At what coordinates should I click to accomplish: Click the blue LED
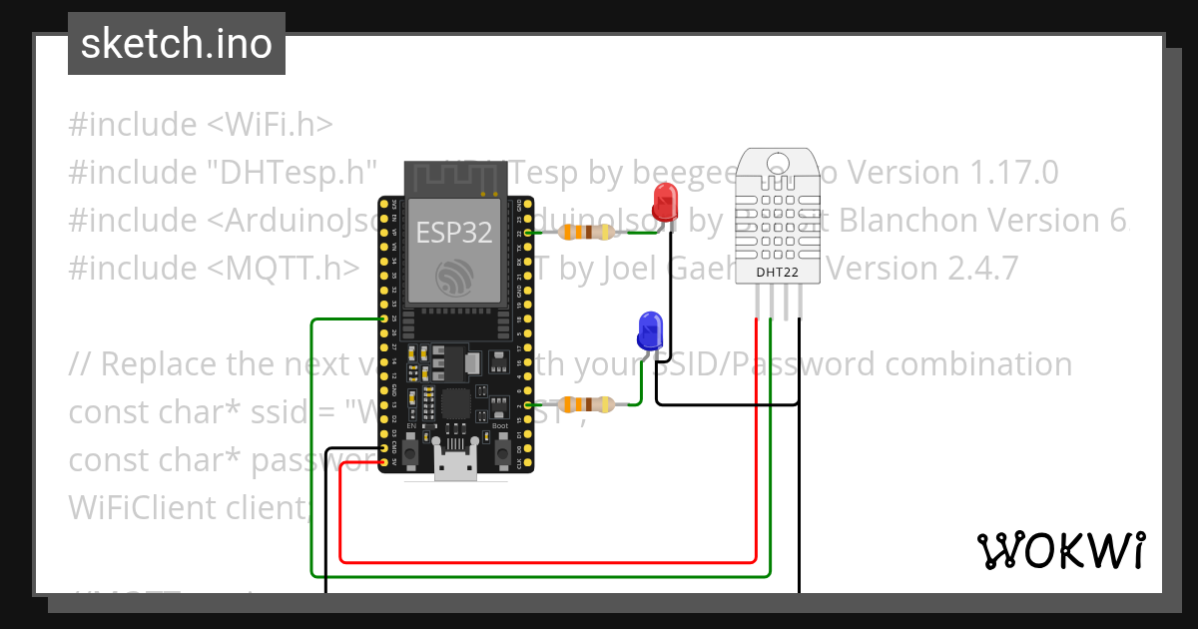[x=650, y=329]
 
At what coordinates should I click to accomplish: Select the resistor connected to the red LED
[x=586, y=233]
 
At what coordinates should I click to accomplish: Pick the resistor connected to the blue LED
[x=586, y=404]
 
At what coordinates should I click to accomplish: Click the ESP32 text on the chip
[x=454, y=232]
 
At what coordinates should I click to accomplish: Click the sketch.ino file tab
[x=177, y=44]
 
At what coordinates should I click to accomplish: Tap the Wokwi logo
[x=1059, y=550]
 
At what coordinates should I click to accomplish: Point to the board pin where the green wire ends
[x=384, y=319]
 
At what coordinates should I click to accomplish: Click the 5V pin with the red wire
[x=384, y=462]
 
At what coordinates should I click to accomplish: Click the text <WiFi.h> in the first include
[x=270, y=125]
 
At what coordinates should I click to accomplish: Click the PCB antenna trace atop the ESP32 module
[x=454, y=180]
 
